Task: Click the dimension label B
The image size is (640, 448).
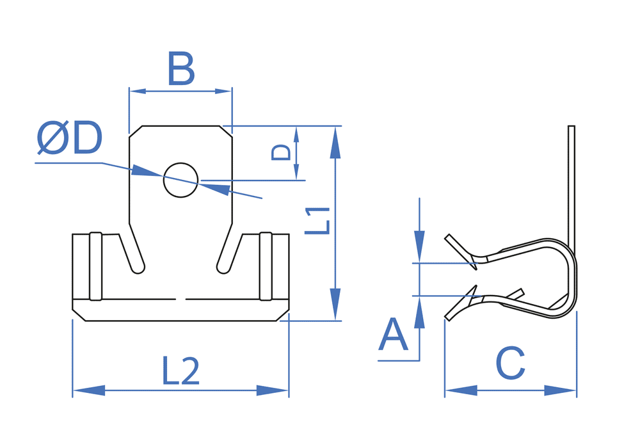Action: [181, 68]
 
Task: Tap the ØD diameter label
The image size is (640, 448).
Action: [69, 138]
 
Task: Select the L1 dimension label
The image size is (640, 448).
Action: [317, 221]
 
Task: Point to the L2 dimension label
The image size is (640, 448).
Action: [181, 371]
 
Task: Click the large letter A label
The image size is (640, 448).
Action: [393, 335]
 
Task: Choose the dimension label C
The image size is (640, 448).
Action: [510, 363]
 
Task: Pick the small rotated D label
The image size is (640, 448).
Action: [281, 152]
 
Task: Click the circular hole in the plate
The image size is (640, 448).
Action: [181, 180]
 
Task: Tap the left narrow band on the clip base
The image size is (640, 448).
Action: [95, 266]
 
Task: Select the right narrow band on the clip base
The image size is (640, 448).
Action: [266, 266]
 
